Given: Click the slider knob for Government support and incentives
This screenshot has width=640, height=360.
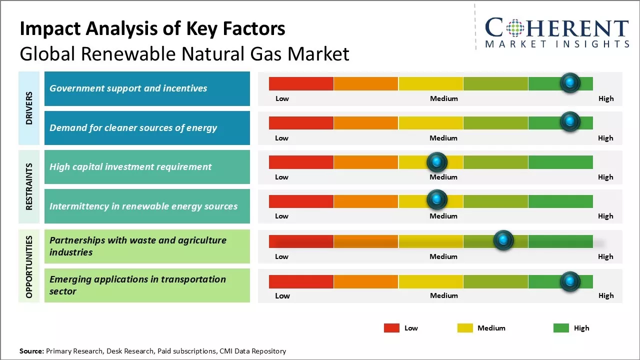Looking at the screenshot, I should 569,82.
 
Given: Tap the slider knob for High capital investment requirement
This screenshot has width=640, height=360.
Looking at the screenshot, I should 437,161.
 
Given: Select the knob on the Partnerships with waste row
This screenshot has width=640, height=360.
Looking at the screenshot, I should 503,240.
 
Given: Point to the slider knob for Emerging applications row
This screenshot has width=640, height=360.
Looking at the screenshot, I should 569,281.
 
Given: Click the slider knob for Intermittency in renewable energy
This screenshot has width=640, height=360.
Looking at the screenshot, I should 437,199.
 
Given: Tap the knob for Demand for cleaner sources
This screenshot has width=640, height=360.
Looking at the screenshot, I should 569,121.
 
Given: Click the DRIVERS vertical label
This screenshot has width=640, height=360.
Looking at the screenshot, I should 29,108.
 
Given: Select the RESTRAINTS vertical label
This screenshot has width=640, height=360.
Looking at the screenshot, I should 29,186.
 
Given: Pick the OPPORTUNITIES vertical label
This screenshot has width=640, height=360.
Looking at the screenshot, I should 29,267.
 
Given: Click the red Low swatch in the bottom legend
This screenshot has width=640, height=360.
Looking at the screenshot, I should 391,328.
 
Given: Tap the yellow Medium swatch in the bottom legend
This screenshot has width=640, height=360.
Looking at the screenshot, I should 465,328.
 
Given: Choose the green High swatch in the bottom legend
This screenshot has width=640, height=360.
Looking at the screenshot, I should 561,328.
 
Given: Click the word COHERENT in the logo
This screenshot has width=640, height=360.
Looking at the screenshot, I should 556,28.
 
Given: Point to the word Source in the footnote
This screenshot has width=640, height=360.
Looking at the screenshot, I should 31,351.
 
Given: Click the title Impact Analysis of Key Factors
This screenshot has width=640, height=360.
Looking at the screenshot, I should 152,28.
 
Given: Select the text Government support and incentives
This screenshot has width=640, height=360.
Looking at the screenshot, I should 128,88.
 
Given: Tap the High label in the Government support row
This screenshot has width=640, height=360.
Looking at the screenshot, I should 605,98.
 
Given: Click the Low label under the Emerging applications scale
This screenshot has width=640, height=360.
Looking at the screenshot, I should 282,295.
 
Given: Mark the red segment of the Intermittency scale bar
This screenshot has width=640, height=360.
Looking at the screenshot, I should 301,201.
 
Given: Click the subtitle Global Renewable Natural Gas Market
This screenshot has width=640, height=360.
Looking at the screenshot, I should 184,53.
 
